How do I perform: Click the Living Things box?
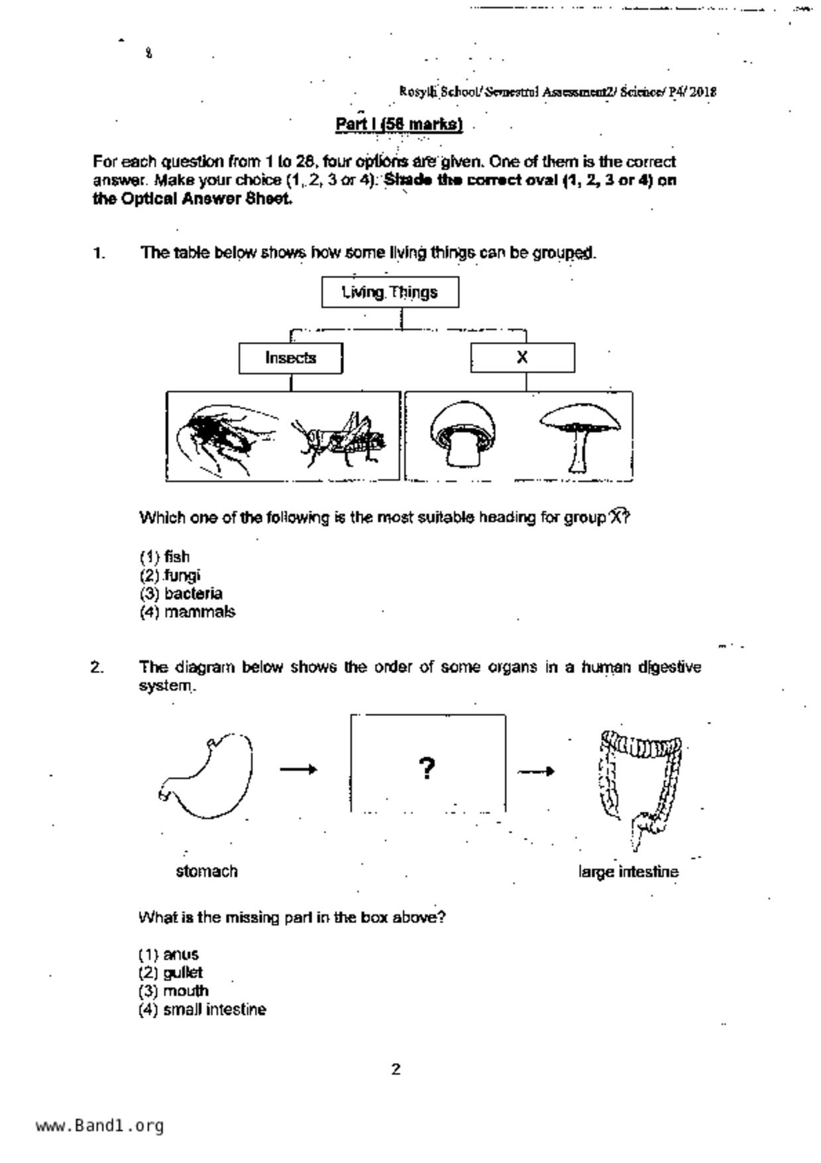pyautogui.click(x=390, y=292)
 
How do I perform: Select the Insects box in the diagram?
pyautogui.click(x=291, y=358)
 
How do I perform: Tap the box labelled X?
pyautogui.click(x=522, y=358)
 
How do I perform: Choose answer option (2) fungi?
pyautogui.click(x=170, y=575)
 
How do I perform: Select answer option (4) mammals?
pyautogui.click(x=188, y=612)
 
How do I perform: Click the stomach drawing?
pyautogui.click(x=207, y=776)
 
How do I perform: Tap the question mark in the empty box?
pyautogui.click(x=427, y=768)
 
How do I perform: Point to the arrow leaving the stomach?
pyautogui.click(x=298, y=769)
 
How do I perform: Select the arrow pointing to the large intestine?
pyautogui.click(x=535, y=771)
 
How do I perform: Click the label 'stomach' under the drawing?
pyautogui.click(x=207, y=871)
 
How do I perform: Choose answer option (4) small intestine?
pyautogui.click(x=202, y=1010)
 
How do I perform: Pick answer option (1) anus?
pyautogui.click(x=168, y=955)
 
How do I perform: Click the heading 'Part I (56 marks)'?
pyautogui.click(x=399, y=125)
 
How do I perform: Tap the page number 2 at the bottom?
pyautogui.click(x=396, y=1070)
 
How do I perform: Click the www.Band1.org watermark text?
pyautogui.click(x=99, y=1126)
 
